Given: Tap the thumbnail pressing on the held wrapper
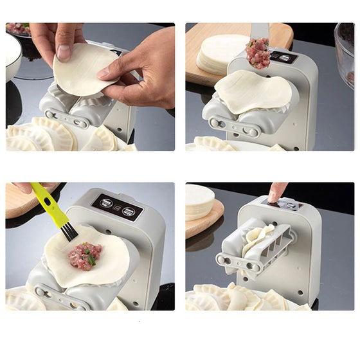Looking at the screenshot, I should pos(62,51).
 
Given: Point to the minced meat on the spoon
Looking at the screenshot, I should pos(258,53).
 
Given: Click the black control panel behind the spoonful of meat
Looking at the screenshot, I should pos(283,57).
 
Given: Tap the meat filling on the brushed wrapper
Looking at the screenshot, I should pos(85,255).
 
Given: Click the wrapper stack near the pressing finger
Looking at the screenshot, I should pos(201,203).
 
